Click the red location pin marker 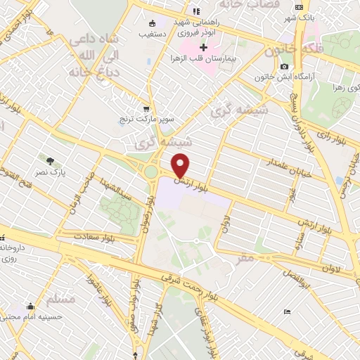point(181,165)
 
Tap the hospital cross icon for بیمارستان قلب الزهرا point(204,48)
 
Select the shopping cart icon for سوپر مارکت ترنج point(146,108)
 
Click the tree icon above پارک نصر point(49,160)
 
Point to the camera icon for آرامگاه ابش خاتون point(284,67)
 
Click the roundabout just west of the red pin point(150,172)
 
